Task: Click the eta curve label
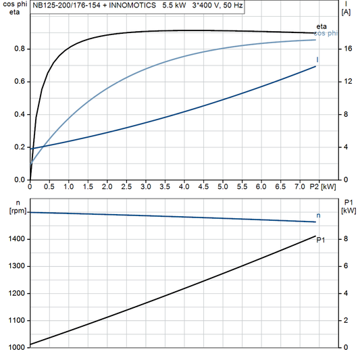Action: point(322,26)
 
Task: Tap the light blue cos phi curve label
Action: point(328,34)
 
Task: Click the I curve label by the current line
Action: point(317,60)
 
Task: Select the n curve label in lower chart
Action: point(319,215)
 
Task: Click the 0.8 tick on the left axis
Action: point(20,49)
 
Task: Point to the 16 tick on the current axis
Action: point(346,49)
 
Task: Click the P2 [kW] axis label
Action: point(322,186)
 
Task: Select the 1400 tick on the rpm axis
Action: point(16,239)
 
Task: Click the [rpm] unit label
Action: point(13,212)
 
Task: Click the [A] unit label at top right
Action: point(346,12)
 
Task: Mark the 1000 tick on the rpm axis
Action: point(16,347)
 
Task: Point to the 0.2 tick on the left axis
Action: point(20,147)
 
